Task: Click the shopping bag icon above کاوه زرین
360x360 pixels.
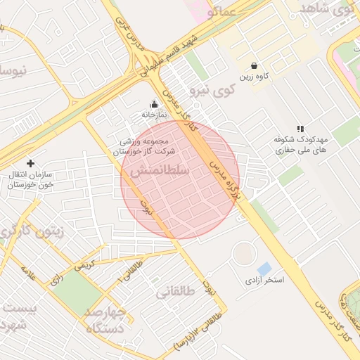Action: point(254,65)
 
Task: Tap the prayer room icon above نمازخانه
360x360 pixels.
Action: point(155,104)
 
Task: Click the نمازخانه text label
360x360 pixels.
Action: point(155,114)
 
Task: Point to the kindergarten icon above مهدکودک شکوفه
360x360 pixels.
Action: point(301,129)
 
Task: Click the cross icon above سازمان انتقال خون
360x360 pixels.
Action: point(30,163)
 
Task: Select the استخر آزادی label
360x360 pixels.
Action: point(264,280)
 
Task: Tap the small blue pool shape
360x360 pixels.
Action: point(264,268)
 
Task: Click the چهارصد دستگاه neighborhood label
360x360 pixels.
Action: point(106,319)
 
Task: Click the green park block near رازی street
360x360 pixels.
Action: point(77,292)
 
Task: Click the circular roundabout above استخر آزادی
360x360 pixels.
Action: point(244,252)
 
